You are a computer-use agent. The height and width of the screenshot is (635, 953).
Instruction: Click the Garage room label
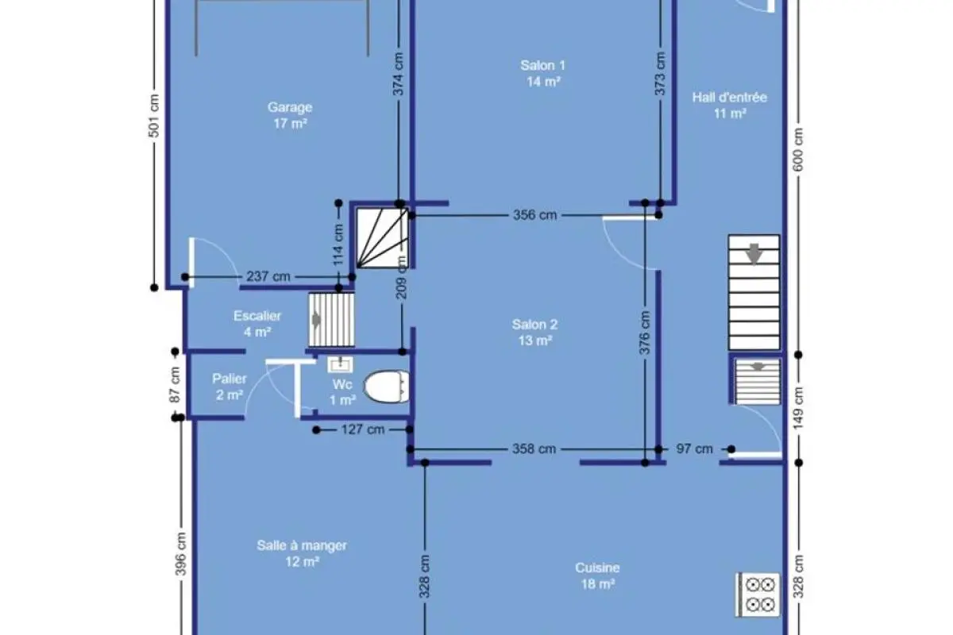290,107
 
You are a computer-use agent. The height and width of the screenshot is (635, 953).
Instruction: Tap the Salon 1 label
543,66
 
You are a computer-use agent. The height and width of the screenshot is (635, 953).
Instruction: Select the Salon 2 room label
534,325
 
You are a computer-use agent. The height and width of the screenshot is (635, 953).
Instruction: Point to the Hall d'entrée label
729,98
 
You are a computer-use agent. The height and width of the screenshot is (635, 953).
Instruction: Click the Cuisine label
597,568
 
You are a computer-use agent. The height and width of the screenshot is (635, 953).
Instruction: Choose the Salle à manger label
302,545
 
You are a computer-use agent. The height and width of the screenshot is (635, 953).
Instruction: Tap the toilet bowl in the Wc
386,387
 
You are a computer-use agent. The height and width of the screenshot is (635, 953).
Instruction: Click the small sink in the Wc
340,364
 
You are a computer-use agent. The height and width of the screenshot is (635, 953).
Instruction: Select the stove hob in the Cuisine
758,595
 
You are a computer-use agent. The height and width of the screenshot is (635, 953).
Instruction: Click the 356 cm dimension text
534,215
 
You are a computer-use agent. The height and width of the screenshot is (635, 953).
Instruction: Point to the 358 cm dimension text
534,449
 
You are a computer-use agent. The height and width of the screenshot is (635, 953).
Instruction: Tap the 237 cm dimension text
268,277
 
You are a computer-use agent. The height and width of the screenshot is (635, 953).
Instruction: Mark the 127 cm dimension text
363,430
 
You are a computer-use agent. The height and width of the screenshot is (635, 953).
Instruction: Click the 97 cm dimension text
694,449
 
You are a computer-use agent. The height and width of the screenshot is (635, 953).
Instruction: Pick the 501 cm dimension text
154,116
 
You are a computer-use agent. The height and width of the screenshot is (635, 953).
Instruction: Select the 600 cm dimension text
798,150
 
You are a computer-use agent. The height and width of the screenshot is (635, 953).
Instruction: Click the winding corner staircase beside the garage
383,238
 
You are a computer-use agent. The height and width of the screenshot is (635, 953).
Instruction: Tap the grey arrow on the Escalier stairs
316,320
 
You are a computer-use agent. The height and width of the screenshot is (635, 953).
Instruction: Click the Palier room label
230,379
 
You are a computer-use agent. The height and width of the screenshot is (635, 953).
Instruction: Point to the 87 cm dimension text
175,384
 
